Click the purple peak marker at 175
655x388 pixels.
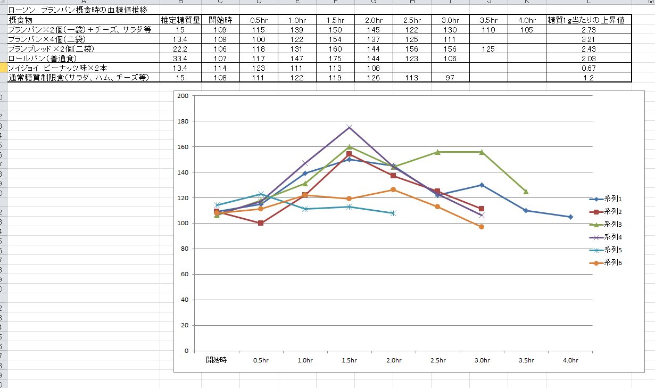click(349, 127)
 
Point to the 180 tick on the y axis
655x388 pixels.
click(184, 121)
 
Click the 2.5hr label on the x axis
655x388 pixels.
click(438, 360)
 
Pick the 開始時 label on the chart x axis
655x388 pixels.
click(217, 360)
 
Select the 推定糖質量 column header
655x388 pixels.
click(181, 20)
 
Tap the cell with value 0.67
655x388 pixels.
click(588, 68)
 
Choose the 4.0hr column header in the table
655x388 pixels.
click(527, 20)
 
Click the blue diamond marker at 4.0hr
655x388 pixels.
click(570, 217)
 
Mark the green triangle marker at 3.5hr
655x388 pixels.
click(526, 192)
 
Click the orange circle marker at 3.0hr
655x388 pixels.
click(482, 227)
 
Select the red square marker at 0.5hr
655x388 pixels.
click(261, 223)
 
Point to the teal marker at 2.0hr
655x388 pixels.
click(393, 213)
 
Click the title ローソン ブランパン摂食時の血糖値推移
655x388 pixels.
click(78, 10)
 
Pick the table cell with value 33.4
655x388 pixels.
click(181, 59)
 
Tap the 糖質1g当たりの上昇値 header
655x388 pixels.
click(588, 20)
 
